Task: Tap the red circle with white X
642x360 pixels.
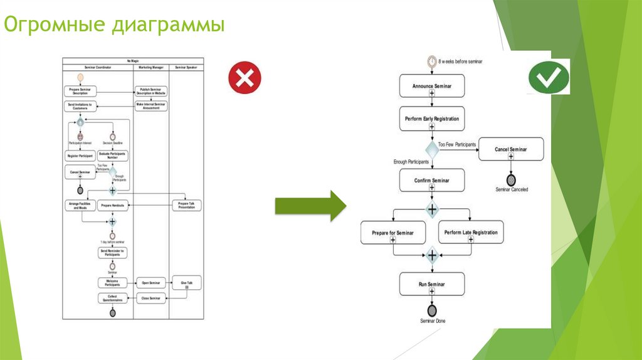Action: (245, 78)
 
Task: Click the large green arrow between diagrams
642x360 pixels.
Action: (310, 204)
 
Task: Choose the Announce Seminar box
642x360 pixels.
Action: (432, 86)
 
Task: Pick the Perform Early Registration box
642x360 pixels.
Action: (432, 119)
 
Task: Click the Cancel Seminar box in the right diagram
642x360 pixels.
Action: (510, 150)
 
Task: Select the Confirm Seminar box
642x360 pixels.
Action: (432, 181)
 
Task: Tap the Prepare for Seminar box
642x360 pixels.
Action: (393, 233)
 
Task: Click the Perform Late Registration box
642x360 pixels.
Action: (471, 233)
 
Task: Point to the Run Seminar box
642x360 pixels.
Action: (432, 285)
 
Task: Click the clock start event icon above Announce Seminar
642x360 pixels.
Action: (432, 61)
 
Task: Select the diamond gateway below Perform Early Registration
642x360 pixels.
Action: (432, 150)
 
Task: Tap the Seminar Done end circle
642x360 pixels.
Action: (432, 310)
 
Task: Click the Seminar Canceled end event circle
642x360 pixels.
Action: (511, 179)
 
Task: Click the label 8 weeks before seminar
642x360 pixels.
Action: (460, 61)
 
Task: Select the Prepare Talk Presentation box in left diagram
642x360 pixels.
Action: (186, 205)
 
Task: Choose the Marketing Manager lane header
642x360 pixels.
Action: (151, 67)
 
